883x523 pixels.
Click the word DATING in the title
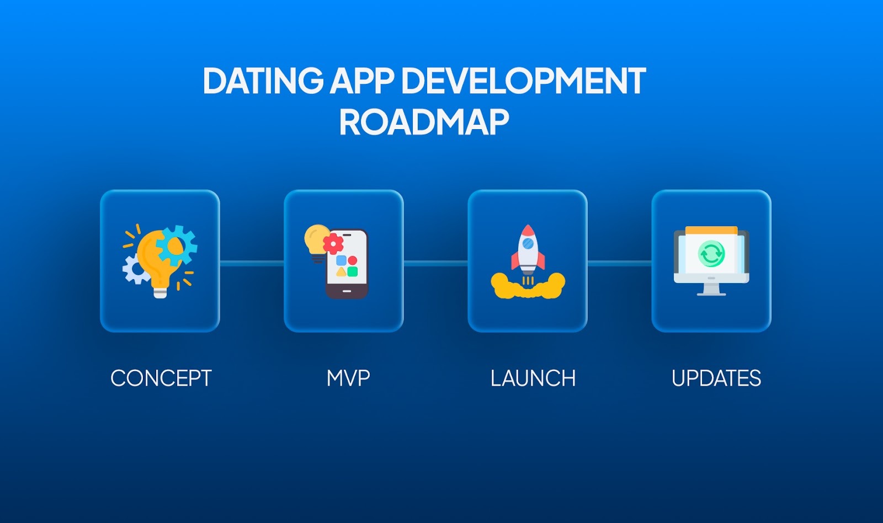(x=263, y=82)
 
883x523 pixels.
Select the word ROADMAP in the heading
(x=423, y=122)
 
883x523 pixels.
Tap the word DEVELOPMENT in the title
(x=523, y=82)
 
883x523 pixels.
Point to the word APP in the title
(x=362, y=82)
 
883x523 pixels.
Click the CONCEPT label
(x=161, y=378)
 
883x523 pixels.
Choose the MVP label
(x=348, y=378)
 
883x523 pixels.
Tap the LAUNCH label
(x=533, y=378)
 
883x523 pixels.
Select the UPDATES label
(x=716, y=378)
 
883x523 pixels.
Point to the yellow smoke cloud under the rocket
(x=528, y=287)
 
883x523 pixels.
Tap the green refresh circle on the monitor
(x=711, y=254)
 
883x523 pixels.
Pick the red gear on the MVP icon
(x=333, y=243)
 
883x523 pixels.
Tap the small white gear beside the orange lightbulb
(x=134, y=269)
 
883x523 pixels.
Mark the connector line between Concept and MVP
(x=252, y=264)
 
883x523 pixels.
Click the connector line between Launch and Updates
(x=619, y=264)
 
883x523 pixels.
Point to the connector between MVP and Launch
(x=435, y=264)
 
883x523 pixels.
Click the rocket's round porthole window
(x=528, y=243)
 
